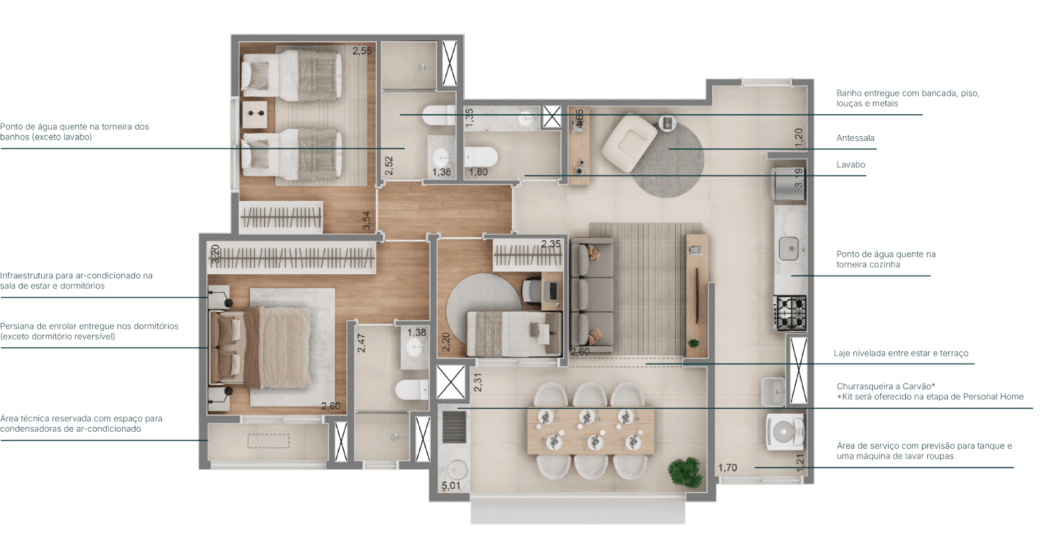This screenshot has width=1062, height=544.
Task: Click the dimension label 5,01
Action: (x=451, y=486)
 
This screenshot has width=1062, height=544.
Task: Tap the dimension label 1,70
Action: (x=727, y=468)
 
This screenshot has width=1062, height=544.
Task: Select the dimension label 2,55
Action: (x=362, y=50)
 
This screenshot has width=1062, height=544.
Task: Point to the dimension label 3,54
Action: (x=366, y=221)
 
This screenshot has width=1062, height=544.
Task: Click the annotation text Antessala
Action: (x=856, y=138)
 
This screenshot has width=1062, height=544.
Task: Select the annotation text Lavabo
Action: (x=851, y=164)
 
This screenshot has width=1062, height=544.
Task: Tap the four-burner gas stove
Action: (x=791, y=313)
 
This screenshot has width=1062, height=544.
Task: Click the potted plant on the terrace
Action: (x=684, y=472)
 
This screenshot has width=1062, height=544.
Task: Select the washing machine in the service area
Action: (x=785, y=433)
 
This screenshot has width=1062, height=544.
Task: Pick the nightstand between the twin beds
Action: (x=256, y=114)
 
